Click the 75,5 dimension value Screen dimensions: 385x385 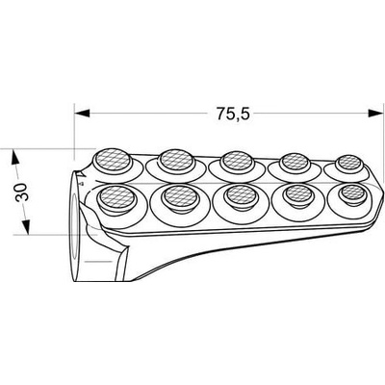[x=233, y=114]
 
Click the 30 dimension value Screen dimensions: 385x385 [x=22, y=192]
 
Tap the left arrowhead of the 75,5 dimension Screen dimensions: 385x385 [x=82, y=113]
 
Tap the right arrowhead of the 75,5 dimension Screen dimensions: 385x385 [x=375, y=113]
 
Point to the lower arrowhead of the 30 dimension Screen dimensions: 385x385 [x=27, y=227]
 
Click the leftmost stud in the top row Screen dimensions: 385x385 [x=113, y=160]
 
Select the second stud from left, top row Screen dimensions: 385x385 [x=176, y=161]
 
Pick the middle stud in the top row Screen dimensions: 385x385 [x=237, y=161]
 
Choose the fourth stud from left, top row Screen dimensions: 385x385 [x=295, y=162]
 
